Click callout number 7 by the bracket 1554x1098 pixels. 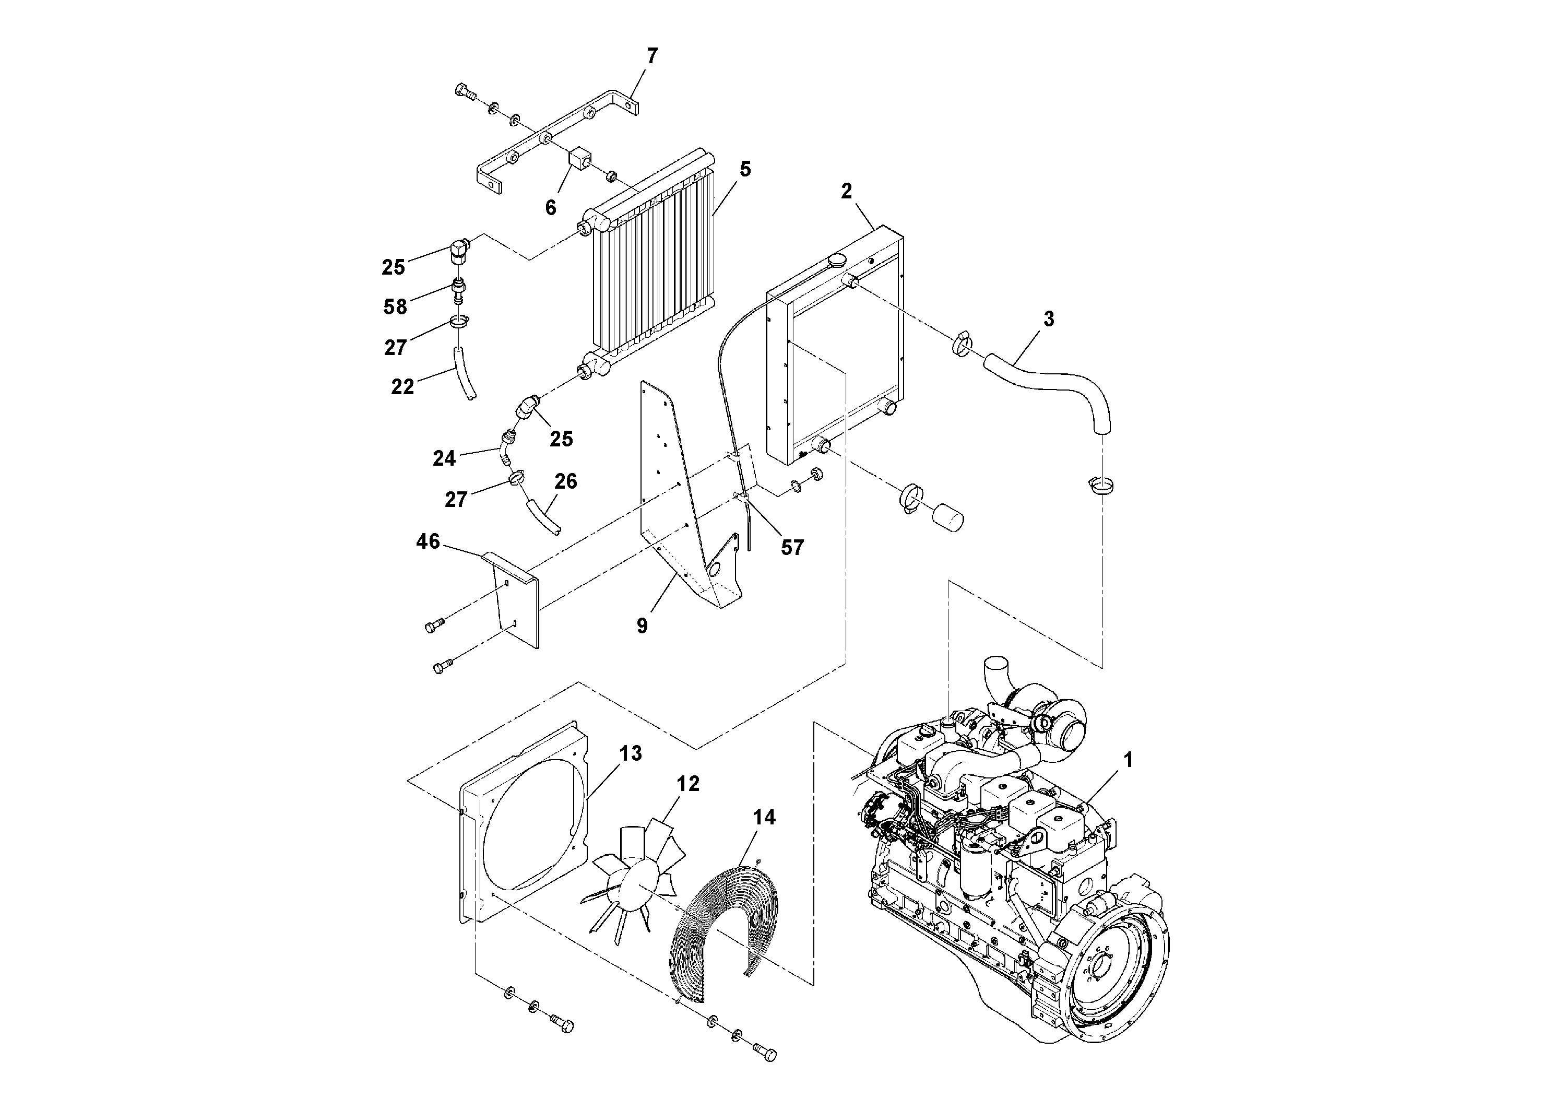click(x=652, y=56)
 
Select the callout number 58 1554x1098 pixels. click(x=395, y=306)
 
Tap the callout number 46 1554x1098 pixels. click(x=428, y=541)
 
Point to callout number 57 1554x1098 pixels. click(x=792, y=547)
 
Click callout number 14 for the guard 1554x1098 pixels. click(x=764, y=817)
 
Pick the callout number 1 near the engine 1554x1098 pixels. click(x=1128, y=760)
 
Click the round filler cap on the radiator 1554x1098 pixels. click(x=837, y=261)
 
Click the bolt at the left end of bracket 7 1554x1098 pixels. click(x=464, y=91)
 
